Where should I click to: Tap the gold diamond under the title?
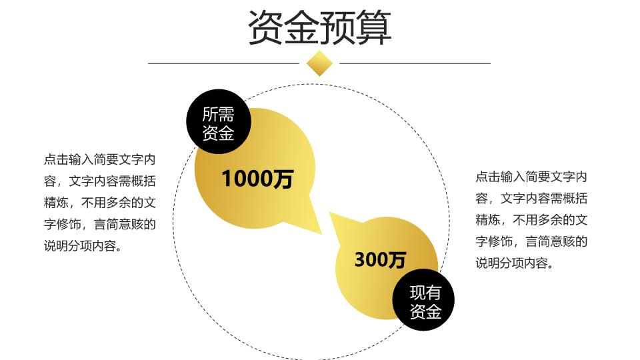(319, 63)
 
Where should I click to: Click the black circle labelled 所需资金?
(219, 121)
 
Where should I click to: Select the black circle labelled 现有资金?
(423, 300)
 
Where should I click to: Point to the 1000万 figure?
(257, 179)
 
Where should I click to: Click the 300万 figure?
(380, 259)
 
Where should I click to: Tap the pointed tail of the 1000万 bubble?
(321, 234)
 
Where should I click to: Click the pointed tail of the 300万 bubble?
(331, 213)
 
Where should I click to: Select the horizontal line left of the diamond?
(224, 63)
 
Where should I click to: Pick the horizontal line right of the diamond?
(415, 63)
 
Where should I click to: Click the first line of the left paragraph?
(99, 159)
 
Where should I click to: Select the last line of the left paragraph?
(83, 246)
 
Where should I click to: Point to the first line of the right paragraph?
(531, 177)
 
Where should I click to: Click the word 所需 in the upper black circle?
(219, 114)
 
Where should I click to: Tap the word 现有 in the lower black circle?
(425, 293)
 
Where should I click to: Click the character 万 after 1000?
(283, 179)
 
